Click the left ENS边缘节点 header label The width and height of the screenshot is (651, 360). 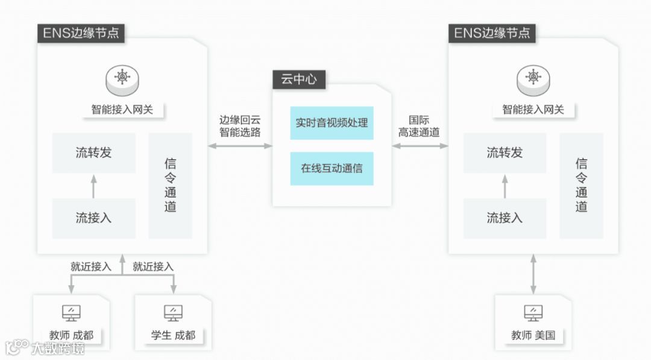coord(81,33)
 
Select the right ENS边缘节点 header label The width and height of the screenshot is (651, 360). coord(492,33)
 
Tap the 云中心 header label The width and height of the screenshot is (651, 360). coord(299,79)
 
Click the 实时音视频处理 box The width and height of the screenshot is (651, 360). coord(332,123)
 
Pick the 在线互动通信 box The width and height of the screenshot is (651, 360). coord(332,168)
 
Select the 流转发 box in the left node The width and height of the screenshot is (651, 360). coord(93,153)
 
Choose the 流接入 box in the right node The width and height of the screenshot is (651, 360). coord(505,218)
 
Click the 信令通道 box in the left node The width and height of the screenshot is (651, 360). coord(170,185)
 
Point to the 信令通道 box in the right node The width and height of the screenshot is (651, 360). coord(581,185)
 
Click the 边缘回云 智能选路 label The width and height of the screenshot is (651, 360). coord(240,126)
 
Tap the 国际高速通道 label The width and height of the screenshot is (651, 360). coord(419,126)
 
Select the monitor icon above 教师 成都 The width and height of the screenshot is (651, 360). coord(71,312)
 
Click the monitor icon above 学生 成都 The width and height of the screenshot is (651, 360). coord(173,312)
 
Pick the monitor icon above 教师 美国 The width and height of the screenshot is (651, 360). coord(533,312)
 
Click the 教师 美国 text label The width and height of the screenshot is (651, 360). coord(533,335)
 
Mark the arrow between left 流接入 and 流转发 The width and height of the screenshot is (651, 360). coord(93,186)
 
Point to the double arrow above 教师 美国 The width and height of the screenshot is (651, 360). coord(533,274)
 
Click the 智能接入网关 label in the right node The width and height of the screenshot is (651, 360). coord(533,110)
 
